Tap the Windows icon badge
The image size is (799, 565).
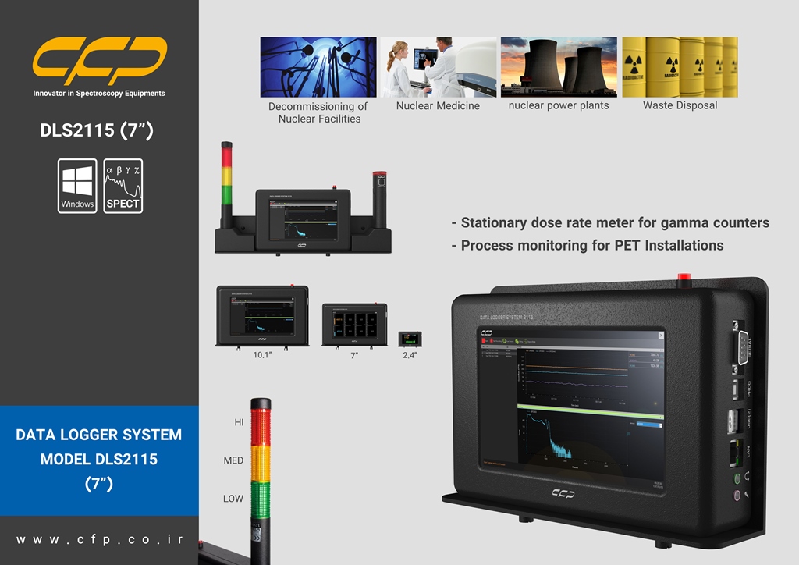click(x=77, y=186)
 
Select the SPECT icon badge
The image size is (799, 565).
click(x=123, y=186)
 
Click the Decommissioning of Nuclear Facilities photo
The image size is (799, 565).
click(x=318, y=67)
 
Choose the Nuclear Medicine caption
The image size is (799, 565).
click(x=438, y=105)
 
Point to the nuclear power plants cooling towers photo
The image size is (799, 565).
click(x=559, y=67)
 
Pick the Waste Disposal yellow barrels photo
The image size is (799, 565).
click(x=680, y=67)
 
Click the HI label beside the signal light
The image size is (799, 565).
click(x=240, y=422)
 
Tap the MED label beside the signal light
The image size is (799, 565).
click(x=233, y=460)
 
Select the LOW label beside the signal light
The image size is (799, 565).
click(x=233, y=499)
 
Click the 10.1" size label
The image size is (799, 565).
click(x=261, y=355)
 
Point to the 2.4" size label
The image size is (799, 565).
click(x=410, y=355)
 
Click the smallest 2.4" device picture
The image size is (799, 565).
click(x=410, y=339)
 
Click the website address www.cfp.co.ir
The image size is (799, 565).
click(x=99, y=539)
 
